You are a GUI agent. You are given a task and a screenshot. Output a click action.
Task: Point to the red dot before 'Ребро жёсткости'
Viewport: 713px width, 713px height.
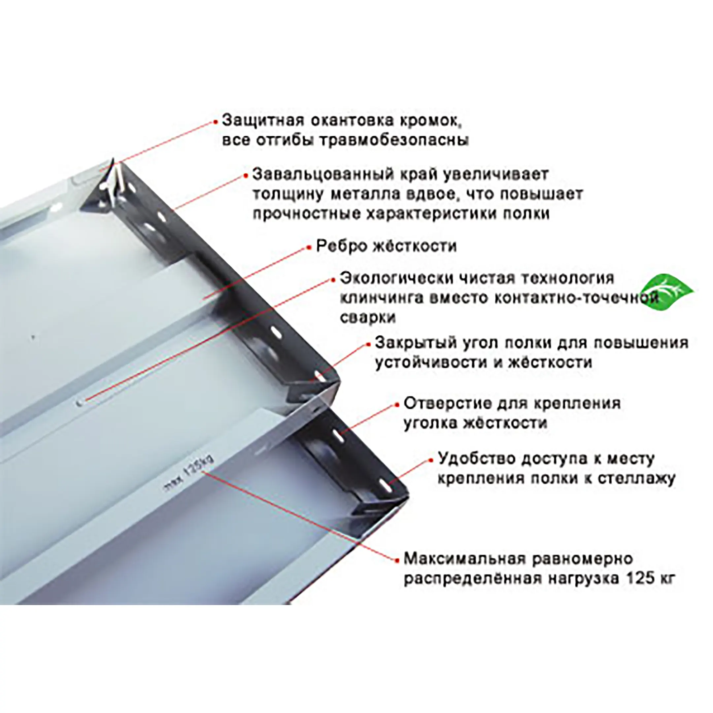(309, 248)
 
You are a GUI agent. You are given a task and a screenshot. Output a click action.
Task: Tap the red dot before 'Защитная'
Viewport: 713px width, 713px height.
(216, 122)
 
